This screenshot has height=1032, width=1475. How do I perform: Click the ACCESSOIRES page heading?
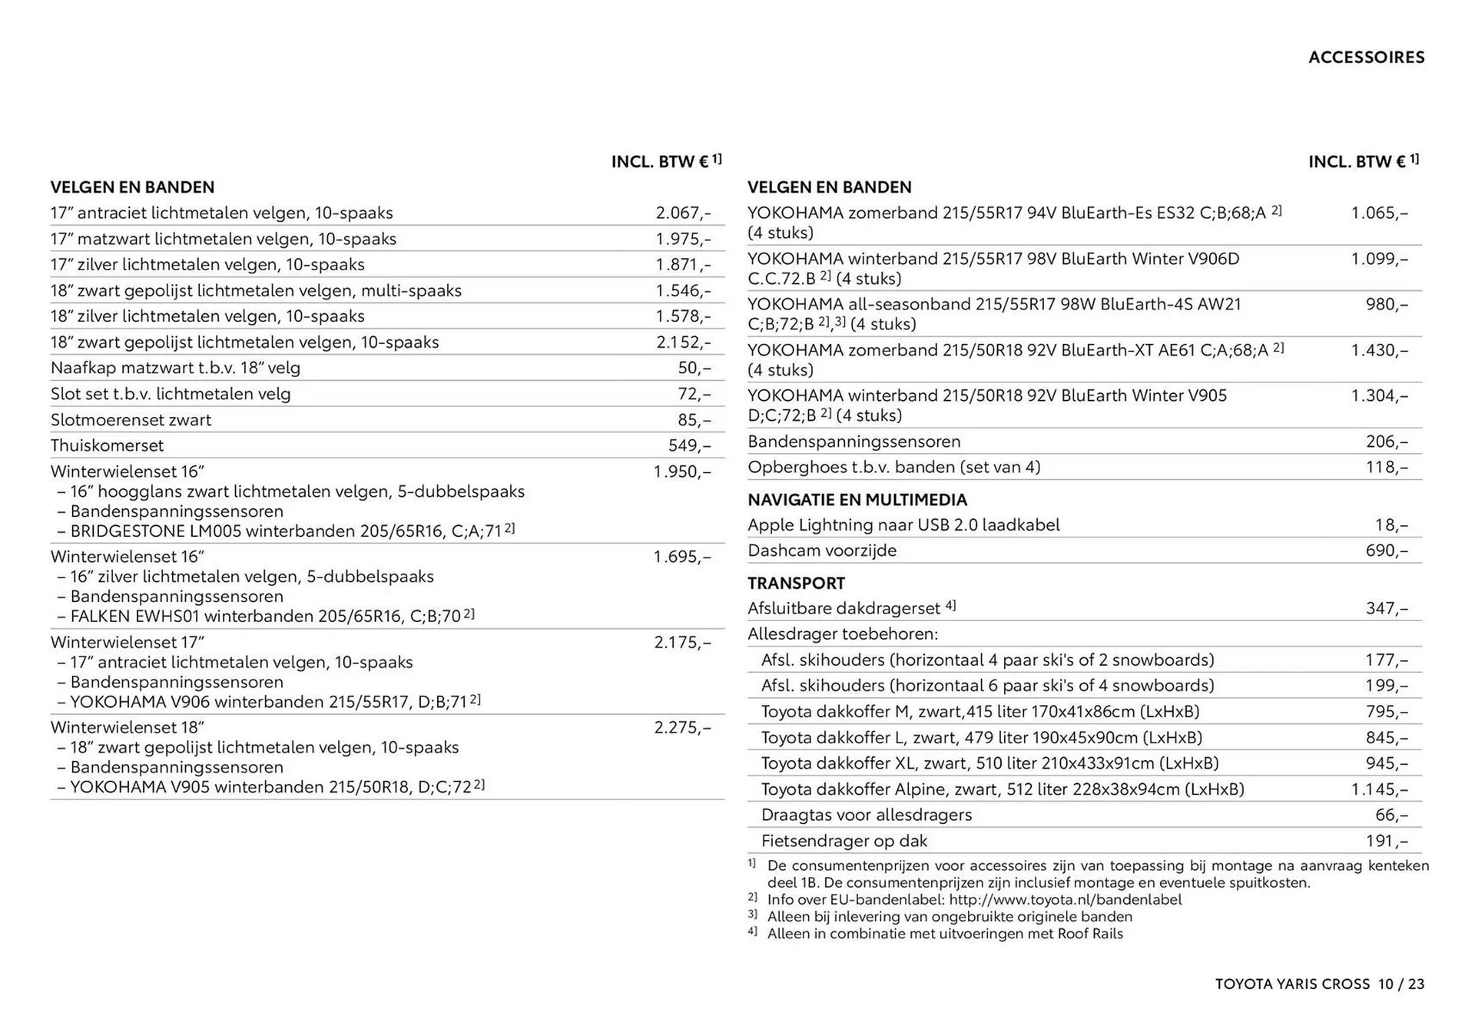1366,58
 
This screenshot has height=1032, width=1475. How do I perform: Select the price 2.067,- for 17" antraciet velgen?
683,213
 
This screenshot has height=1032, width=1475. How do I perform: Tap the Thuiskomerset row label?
107,445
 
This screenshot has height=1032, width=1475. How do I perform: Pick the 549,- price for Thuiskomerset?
689,445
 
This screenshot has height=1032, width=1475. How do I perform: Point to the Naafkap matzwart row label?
175,368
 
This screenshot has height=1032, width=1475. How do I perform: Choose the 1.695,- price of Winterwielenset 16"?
682,557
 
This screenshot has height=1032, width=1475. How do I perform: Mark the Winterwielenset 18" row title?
128,727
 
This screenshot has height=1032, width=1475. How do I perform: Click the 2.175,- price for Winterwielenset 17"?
682,642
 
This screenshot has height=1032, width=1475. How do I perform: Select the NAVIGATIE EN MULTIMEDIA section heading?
857,500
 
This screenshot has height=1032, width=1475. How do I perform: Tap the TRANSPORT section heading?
796,584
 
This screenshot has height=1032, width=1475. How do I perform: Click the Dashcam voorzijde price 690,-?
1387,551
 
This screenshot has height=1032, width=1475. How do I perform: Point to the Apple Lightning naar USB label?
903,525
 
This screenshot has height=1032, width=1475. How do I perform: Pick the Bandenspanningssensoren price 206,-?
1387,442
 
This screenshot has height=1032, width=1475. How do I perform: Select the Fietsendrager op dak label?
844,841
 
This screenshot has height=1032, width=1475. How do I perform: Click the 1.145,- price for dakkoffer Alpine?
1380,789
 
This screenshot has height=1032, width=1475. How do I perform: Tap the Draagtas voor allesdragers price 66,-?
1391,815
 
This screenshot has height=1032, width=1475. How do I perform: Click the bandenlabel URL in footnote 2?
1065,900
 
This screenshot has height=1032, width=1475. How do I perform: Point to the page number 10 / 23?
1400,984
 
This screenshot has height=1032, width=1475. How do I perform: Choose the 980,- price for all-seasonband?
1387,304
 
